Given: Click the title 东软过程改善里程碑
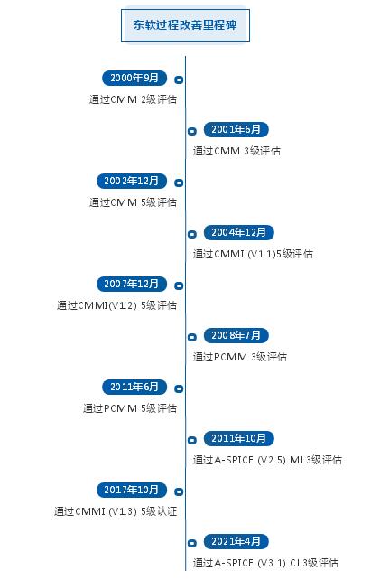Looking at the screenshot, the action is click(185, 25).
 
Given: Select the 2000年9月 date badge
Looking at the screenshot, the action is click(134, 78).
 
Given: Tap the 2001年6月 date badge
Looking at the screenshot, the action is click(236, 129).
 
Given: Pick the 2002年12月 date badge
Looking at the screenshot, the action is click(132, 181).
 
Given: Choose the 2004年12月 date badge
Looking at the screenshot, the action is click(239, 232).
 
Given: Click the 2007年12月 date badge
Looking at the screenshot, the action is click(132, 284).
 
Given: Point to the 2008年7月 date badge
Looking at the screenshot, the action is click(236, 335).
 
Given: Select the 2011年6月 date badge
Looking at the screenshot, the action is click(134, 387).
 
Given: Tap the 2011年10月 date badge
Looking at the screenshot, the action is click(239, 438).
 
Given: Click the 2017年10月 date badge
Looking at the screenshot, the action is click(132, 490).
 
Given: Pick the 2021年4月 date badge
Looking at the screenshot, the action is click(236, 541).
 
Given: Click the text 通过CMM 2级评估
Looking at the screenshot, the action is click(133, 99).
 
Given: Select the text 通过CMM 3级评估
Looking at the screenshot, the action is click(236, 151).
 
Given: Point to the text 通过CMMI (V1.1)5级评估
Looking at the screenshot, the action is click(253, 254).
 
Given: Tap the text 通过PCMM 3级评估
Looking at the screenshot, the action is click(239, 357).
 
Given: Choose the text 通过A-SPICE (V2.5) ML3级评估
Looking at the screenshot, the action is click(267, 460).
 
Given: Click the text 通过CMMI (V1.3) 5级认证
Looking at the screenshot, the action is click(116, 511).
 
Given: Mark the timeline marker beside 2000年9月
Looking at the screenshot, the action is click(179, 80).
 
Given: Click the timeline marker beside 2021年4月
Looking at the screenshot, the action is click(192, 543).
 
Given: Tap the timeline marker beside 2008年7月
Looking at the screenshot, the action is click(192, 337).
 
